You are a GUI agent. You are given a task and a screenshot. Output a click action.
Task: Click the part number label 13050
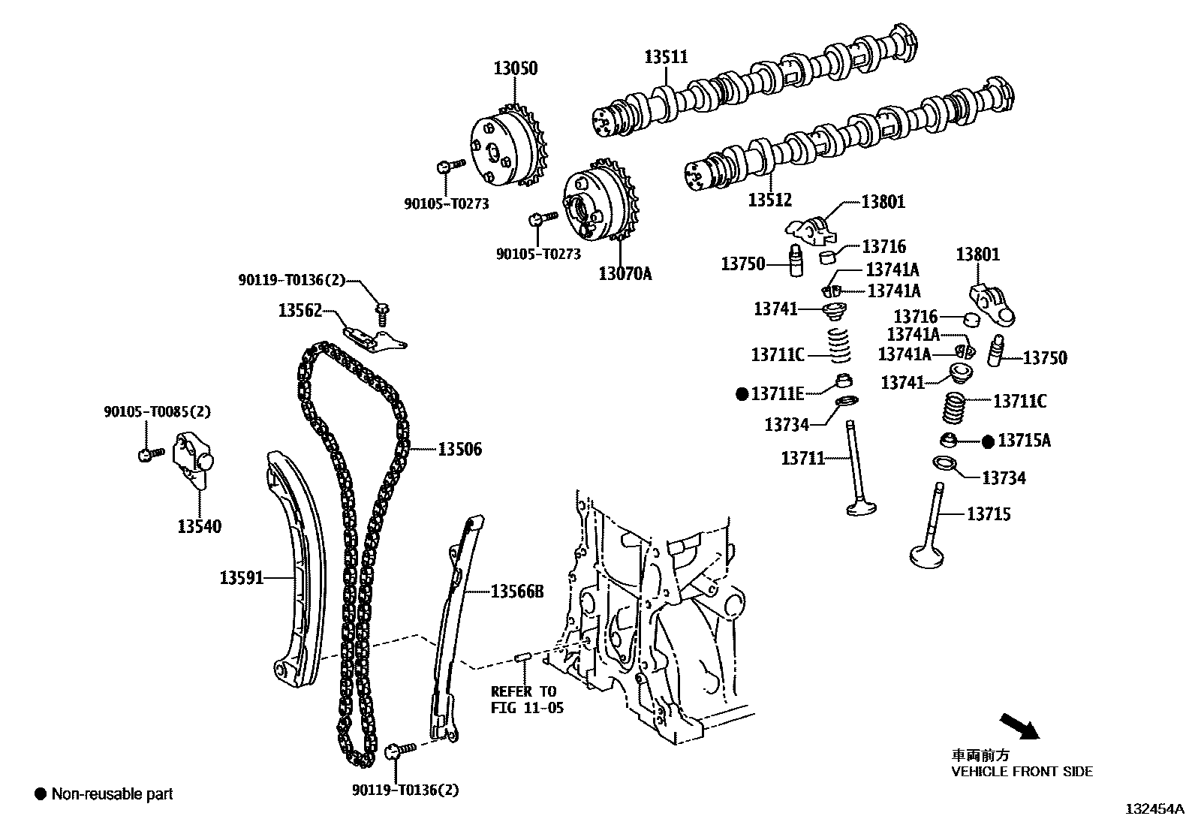pos(515,68)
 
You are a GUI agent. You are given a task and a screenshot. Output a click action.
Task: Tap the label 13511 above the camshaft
pos(666,56)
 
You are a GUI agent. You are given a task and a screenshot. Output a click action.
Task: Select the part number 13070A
pos(625,273)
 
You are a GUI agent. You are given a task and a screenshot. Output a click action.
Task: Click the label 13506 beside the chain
pos(459,450)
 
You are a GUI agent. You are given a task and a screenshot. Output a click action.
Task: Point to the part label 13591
pos(242,577)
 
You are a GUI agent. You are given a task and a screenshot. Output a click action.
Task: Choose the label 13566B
pos(516,592)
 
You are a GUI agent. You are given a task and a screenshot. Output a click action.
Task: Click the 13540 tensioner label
pos(200,526)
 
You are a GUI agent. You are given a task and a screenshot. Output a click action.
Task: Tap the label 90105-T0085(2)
pos(157,411)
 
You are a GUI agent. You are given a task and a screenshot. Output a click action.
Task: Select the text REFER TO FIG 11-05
pos(526,700)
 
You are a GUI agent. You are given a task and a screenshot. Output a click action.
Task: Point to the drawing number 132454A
pos(1153,809)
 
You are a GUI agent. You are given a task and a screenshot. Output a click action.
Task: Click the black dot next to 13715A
pos(988,441)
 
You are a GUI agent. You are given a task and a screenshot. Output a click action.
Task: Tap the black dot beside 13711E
pos(742,393)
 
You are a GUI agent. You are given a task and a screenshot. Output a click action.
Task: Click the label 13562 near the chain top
pos(300,310)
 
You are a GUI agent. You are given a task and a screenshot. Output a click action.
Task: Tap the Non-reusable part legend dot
pos(41,793)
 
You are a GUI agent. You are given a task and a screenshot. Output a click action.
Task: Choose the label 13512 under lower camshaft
pos(769,200)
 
